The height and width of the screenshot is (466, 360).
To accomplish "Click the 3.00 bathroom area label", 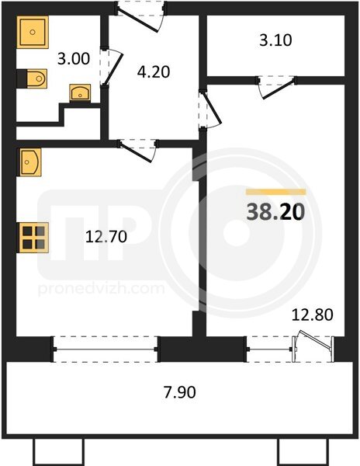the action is tap(74, 58).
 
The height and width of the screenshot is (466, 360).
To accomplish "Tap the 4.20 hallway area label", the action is tap(154, 72).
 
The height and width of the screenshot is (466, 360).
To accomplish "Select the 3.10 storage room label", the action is tap(275, 40).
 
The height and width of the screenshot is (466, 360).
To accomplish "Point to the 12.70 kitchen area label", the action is tap(106, 237).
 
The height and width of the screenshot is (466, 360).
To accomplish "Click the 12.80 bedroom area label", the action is tap(313, 315).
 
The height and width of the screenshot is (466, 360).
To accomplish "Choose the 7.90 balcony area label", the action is tap(180, 392).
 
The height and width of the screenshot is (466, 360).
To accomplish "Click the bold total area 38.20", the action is tap(275, 212).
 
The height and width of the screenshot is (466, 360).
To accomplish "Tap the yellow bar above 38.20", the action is tap(275, 192).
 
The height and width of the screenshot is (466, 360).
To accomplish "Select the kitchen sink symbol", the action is tap(30, 162).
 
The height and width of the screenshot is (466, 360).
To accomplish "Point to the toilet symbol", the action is tap(32, 78).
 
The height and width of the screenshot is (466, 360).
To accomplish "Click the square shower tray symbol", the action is tap(33, 32).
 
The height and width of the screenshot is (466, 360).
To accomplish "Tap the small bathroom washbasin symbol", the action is tap(80, 92).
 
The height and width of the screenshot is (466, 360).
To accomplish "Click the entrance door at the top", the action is tap(140, 16).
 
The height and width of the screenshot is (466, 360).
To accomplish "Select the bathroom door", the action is tap(111, 68).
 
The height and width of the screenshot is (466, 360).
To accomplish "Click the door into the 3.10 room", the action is tap(277, 87).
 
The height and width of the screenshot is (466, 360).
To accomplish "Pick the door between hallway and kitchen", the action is tap(137, 151).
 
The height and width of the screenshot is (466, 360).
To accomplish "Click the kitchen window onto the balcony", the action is tap(106, 349).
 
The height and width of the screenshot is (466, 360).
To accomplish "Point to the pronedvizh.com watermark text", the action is tap(102, 289).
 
